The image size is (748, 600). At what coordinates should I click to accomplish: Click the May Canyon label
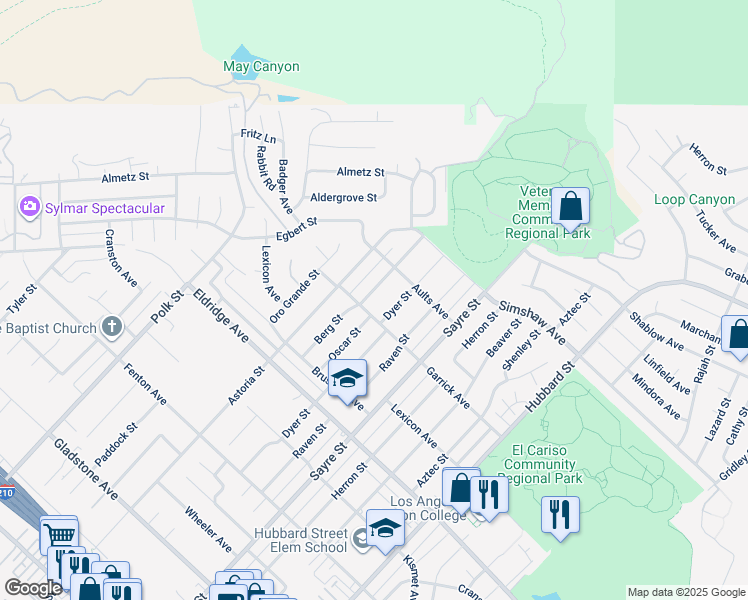(260, 67)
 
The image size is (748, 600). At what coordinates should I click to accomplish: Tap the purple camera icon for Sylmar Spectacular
(29, 207)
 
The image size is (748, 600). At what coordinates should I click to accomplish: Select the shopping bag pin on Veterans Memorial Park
(570, 208)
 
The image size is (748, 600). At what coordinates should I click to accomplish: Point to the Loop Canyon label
(694, 200)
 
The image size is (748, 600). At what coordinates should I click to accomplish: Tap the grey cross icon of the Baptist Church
(112, 327)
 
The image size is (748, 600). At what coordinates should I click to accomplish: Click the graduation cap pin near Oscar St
(348, 379)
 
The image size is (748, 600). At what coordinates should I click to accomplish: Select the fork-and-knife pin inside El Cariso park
(560, 514)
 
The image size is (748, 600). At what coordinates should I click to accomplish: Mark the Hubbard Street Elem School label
(301, 540)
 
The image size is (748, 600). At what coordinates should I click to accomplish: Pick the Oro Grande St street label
(294, 296)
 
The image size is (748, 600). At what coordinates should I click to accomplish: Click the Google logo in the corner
(33, 588)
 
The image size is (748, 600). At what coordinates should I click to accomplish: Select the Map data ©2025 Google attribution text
(685, 592)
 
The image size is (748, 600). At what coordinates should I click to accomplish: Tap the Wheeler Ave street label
(208, 529)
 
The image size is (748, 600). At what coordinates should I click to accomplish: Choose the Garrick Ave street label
(447, 387)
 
